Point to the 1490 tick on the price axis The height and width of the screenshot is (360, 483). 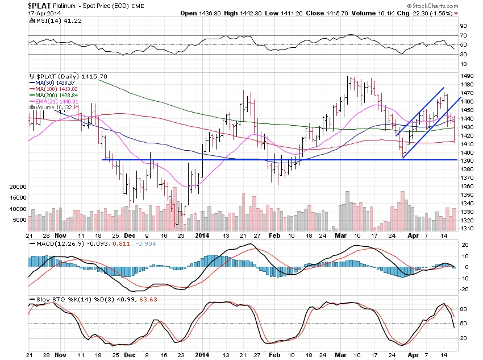[x=467, y=76]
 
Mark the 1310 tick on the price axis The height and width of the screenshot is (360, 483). [x=467, y=229]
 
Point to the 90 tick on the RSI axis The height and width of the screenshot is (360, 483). [x=464, y=26]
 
